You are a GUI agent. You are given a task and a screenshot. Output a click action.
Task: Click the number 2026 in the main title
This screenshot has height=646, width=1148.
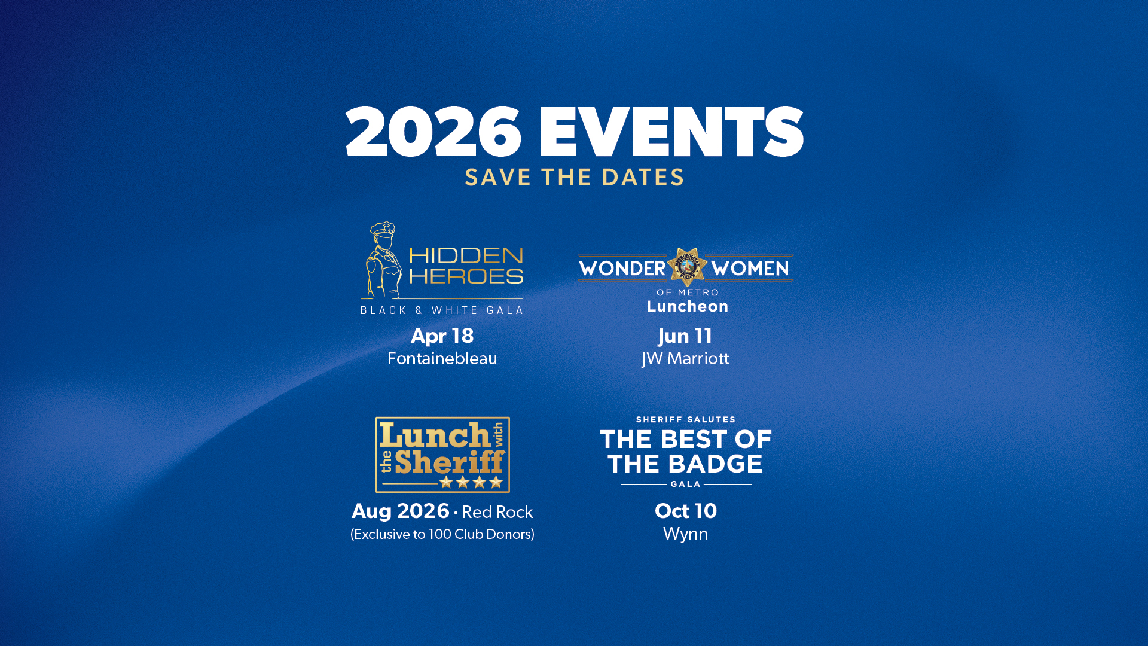tap(433, 132)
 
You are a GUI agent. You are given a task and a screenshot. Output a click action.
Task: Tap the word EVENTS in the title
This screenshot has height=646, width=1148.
tap(671, 132)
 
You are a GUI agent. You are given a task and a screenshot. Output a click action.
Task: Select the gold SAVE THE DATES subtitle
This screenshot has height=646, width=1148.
tap(575, 177)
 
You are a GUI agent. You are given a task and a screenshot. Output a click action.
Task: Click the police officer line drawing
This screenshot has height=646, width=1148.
tap(382, 260)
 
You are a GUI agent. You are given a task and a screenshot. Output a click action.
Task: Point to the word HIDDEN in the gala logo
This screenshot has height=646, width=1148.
tap(466, 255)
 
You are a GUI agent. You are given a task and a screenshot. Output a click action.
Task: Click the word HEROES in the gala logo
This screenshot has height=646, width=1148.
tap(466, 276)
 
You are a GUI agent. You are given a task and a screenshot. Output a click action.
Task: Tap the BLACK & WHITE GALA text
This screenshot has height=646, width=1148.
tap(442, 310)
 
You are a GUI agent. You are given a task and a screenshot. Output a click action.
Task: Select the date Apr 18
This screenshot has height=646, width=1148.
tap(442, 336)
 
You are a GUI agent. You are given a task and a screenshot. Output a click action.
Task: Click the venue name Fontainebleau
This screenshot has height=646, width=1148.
tap(442, 358)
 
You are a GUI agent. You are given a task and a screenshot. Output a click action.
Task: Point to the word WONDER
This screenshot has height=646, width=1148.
tap(622, 269)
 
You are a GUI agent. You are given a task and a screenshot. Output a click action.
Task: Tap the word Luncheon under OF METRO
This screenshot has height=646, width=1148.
tap(688, 306)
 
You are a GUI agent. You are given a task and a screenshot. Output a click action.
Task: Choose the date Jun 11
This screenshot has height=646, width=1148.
tap(685, 336)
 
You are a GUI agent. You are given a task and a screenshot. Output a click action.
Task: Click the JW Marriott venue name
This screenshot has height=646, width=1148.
tap(685, 358)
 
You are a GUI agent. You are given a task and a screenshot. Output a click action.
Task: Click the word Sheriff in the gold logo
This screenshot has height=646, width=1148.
tap(450, 461)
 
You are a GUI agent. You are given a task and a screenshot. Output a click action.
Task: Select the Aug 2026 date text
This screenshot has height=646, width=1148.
tap(400, 511)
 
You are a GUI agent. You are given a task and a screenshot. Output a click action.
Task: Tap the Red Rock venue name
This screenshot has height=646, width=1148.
tap(497, 513)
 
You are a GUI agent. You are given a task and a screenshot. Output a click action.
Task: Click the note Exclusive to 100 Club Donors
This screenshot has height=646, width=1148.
tap(442, 534)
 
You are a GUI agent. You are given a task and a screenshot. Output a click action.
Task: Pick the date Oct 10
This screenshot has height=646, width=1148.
tap(686, 511)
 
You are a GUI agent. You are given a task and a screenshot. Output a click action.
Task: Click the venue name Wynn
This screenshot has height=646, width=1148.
tap(686, 534)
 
